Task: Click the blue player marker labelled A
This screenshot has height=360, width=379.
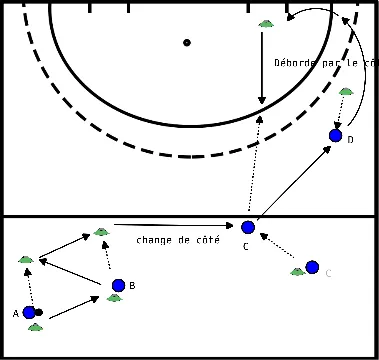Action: [29, 312]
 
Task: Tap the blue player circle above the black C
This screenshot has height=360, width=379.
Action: [248, 228]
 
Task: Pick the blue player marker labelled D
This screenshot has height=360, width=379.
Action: [336, 136]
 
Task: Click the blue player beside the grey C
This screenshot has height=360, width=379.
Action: [312, 267]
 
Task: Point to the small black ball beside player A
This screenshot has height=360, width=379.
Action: [39, 312]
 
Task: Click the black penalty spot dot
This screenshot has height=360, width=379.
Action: [187, 43]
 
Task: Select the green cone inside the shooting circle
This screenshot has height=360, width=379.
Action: [265, 24]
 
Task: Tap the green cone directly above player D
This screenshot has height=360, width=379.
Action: [345, 92]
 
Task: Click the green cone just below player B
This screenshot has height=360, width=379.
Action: [115, 298]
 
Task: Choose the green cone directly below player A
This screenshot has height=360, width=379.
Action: [35, 327]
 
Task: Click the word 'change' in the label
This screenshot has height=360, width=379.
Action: [154, 241]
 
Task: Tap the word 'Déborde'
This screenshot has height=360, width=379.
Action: [295, 63]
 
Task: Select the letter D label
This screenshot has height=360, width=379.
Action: [350, 140]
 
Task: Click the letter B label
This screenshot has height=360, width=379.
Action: [132, 286]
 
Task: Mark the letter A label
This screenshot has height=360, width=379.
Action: [16, 313]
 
